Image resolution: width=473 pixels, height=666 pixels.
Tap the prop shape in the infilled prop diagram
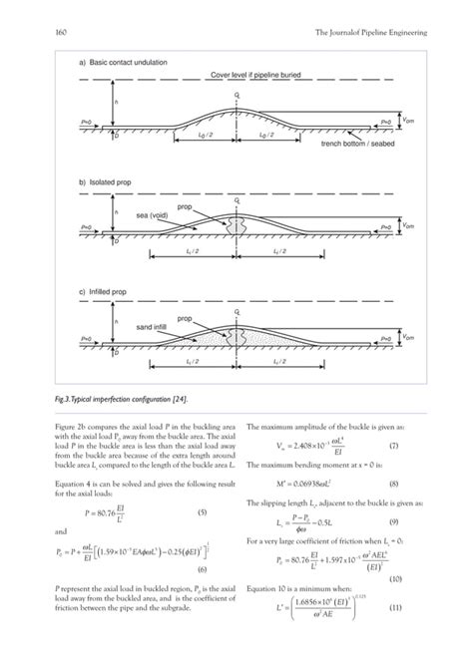(x=236, y=335)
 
